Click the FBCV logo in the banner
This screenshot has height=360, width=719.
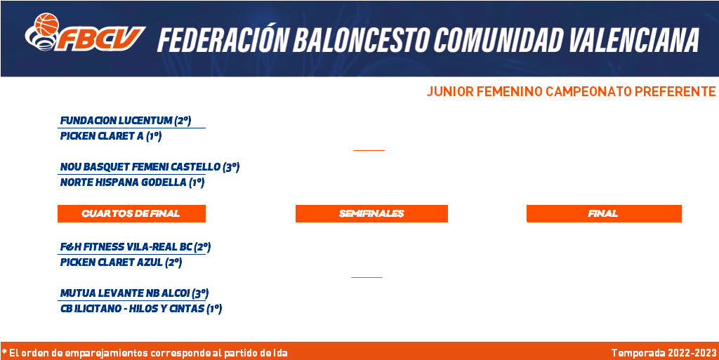85,32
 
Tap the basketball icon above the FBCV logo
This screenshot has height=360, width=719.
47,24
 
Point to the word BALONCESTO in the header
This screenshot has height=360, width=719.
362,40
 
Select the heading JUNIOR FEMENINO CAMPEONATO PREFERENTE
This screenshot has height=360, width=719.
571,92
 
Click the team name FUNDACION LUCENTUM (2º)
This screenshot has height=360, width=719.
126,121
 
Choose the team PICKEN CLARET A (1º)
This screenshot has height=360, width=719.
111,136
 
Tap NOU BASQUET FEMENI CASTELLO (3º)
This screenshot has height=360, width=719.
150,167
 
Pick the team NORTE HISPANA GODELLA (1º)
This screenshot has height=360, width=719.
132,182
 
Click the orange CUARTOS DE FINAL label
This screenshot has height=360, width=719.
131,213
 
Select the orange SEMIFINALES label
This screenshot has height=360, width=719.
371,213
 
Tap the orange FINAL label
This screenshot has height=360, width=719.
604,213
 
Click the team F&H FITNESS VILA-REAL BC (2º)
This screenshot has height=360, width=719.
136,247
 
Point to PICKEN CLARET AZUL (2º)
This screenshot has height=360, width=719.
121,262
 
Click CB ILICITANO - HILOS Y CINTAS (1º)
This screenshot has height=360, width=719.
140,309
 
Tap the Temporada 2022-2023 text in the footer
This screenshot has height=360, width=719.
664,353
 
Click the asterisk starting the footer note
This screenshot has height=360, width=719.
4,352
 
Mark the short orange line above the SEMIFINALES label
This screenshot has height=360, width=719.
369,150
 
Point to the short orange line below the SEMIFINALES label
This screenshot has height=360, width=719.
367,277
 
